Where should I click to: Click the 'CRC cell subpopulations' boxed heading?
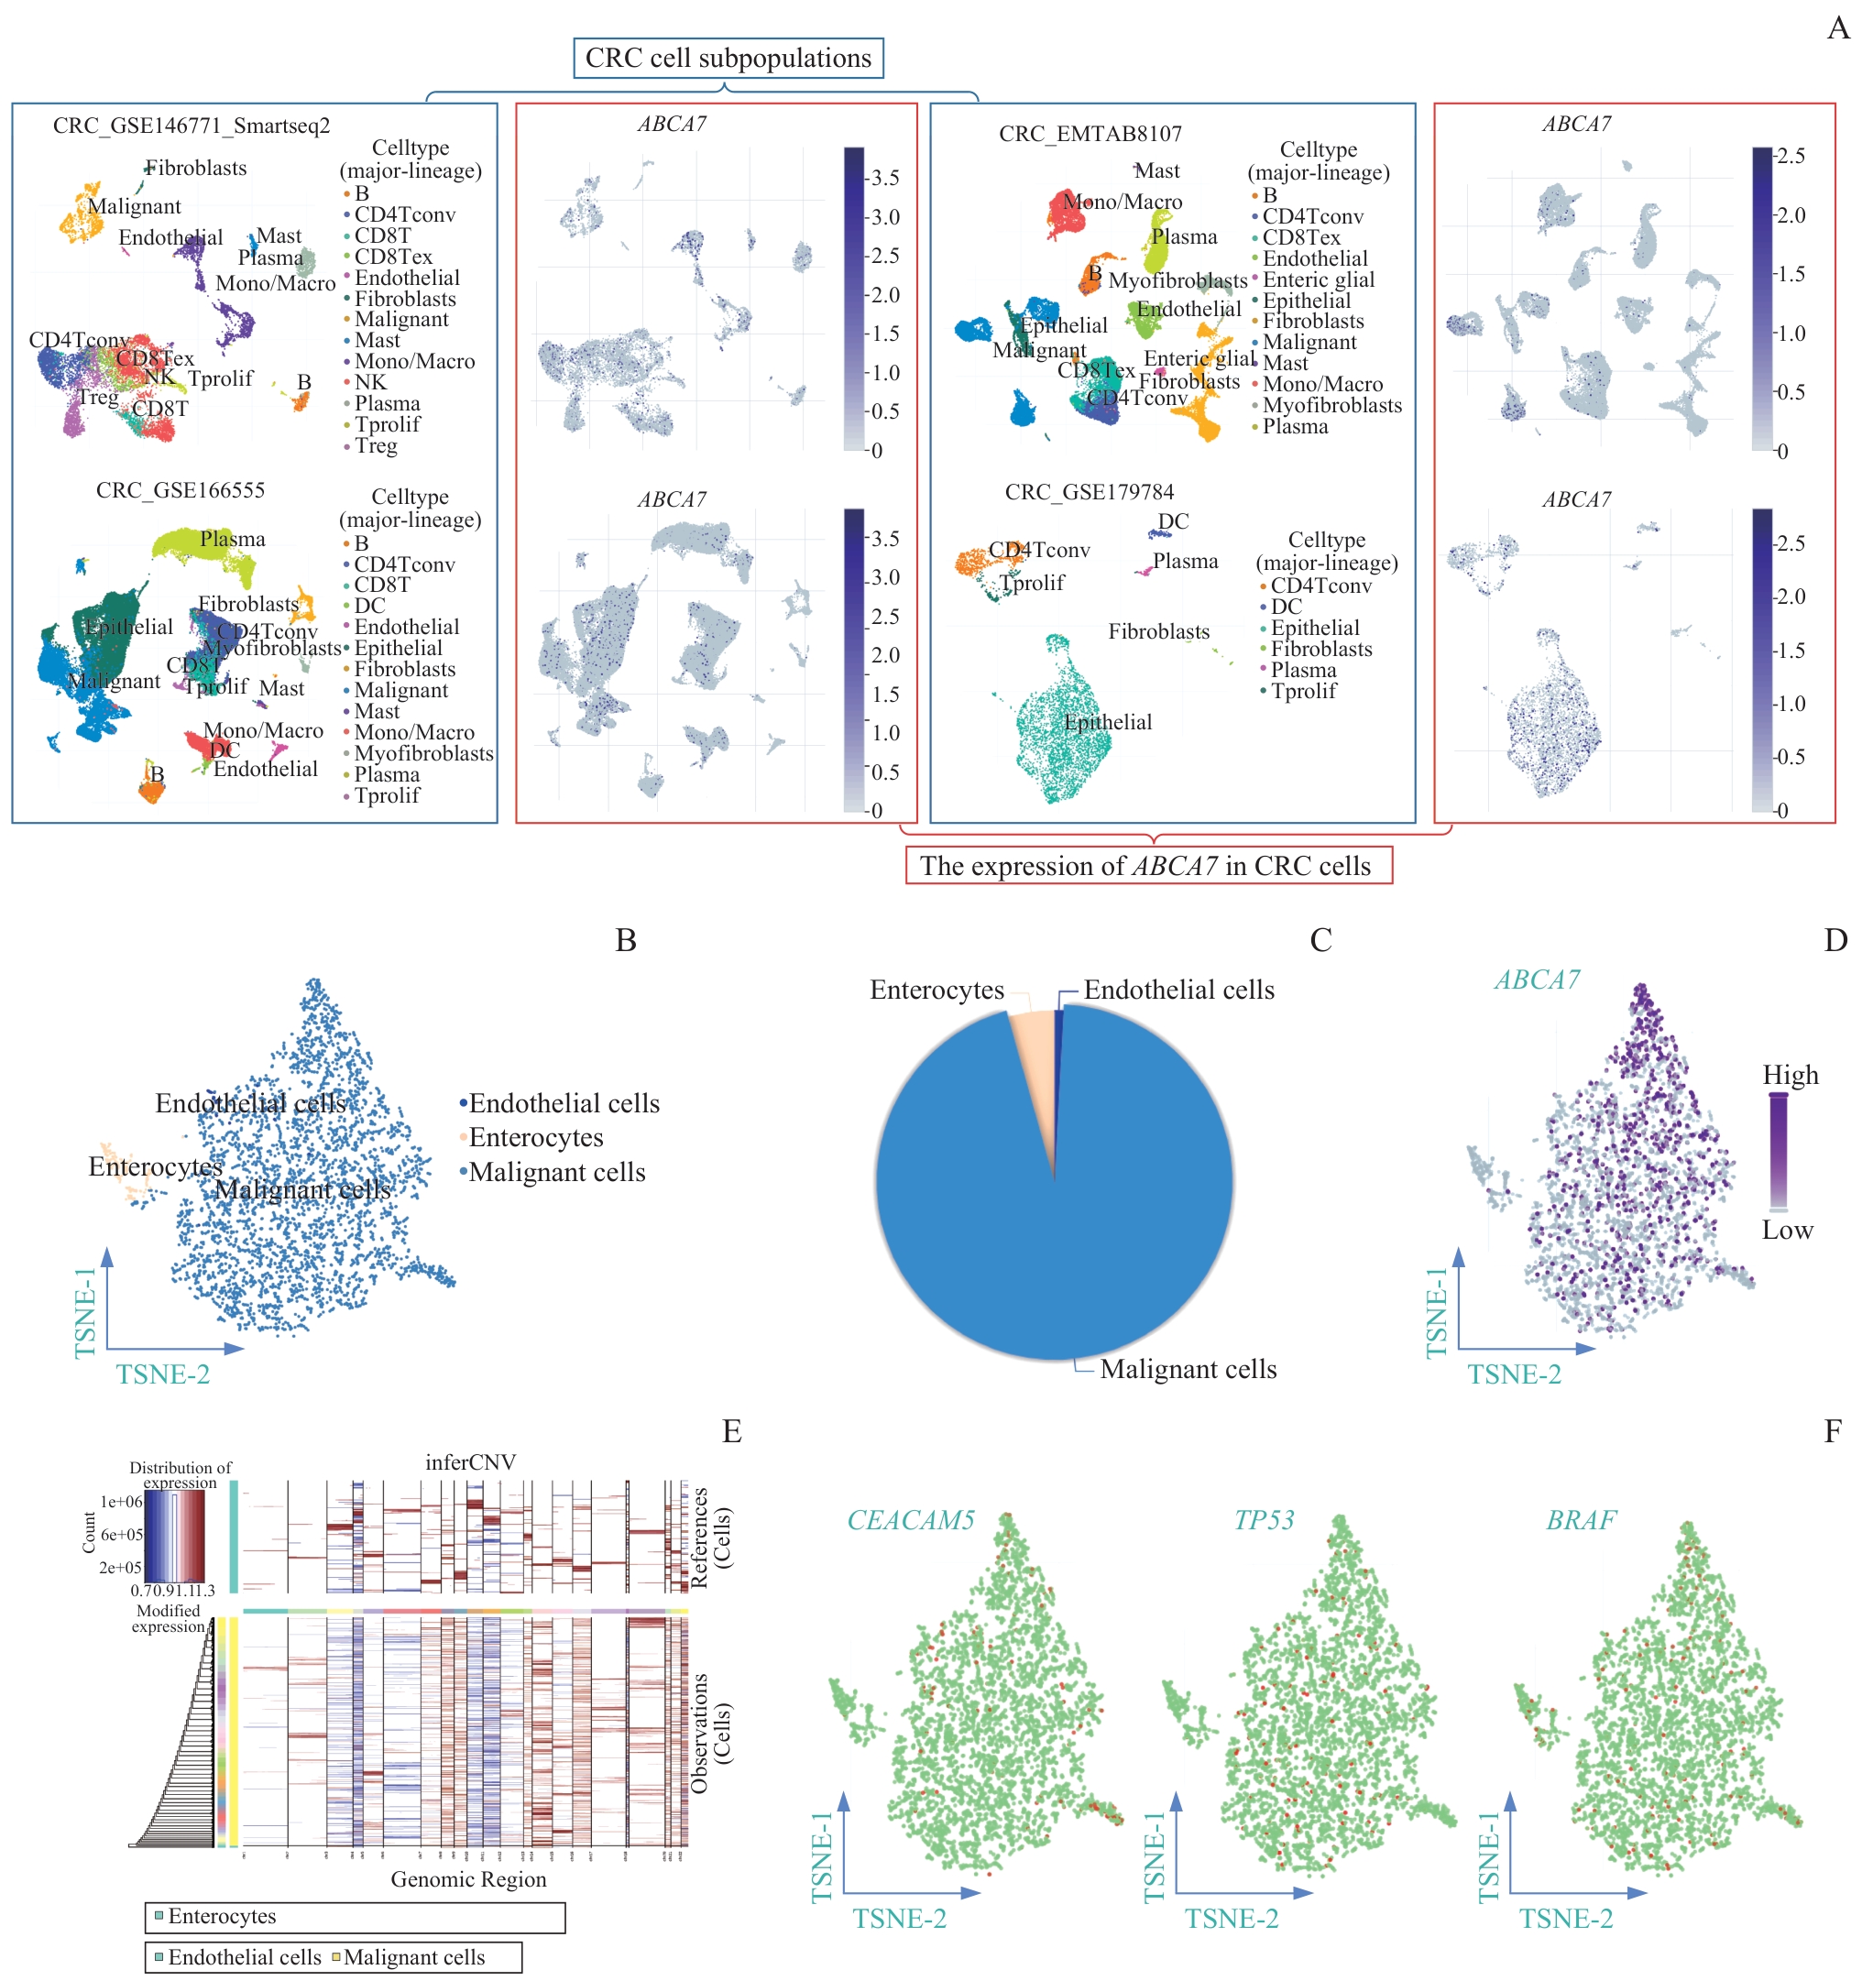pos(728,58)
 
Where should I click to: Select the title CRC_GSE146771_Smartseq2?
pos(192,126)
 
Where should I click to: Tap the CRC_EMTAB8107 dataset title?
pos(1090,134)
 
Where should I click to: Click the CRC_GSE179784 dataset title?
pos(1089,491)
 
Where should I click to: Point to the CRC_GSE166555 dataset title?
pos(181,489)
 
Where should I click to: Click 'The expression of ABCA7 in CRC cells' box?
pos(1147,865)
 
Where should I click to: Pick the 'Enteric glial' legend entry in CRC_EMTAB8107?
pos(1318,280)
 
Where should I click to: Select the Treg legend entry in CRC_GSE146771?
pos(376,445)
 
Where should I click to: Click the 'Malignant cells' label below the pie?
pos(1188,1368)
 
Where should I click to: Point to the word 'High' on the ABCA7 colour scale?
pos(1790,1074)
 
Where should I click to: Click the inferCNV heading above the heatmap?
pos(469,1461)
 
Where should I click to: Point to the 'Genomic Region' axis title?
pos(468,1878)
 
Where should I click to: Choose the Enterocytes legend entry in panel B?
pos(535,1137)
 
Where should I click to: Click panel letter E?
pos(731,1431)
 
